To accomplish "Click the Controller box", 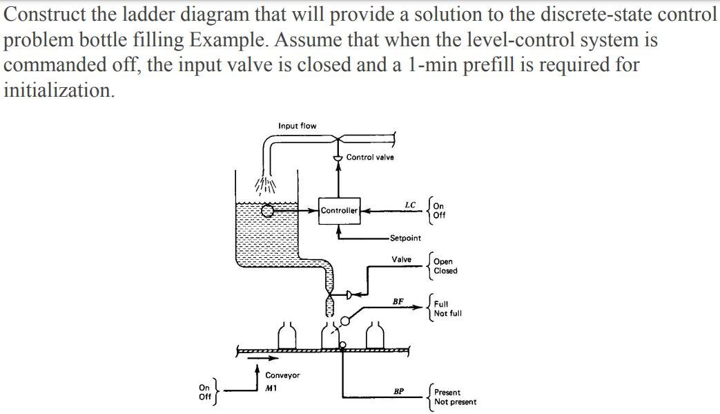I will click(339, 210).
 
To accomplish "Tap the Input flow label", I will click(297, 126).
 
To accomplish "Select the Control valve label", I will click(370, 158).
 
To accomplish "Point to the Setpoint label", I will click(405, 238).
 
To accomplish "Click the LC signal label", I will click(409, 205).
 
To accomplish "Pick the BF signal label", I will click(398, 301).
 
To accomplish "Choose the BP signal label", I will click(398, 390).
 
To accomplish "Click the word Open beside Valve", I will click(443, 262).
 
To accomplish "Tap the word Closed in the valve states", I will click(445, 271).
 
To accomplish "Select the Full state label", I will click(440, 304).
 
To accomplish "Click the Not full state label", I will click(447, 313).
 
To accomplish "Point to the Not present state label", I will click(454, 402).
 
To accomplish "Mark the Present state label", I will click(447, 393).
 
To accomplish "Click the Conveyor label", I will click(282, 375).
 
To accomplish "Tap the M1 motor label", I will click(271, 389).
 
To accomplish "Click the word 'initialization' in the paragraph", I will click(57, 90).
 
